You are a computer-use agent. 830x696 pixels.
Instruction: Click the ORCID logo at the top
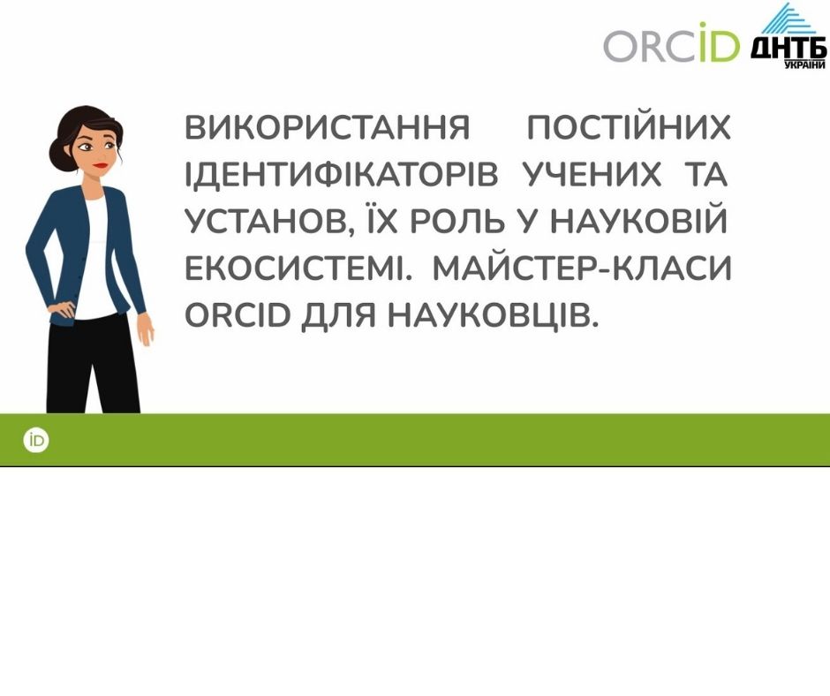click(671, 42)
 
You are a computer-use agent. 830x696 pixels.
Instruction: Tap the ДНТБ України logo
click(788, 36)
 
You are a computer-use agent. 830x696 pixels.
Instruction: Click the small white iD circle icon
click(36, 441)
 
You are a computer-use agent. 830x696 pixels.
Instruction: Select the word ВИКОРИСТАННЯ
click(328, 127)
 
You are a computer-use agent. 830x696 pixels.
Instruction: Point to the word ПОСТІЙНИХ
click(629, 127)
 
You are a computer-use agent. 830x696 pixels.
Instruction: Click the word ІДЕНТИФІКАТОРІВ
click(342, 174)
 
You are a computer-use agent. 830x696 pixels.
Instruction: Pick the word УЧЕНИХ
click(592, 174)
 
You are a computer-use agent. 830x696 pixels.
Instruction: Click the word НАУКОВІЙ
click(639, 220)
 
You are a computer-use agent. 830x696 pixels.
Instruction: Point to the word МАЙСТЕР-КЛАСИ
click(582, 268)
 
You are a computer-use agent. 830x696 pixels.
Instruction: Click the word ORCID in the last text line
click(238, 315)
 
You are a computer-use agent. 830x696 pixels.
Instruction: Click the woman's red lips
click(100, 165)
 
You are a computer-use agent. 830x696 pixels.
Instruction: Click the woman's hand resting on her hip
click(62, 310)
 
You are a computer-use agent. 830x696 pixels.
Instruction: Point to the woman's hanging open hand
click(145, 329)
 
